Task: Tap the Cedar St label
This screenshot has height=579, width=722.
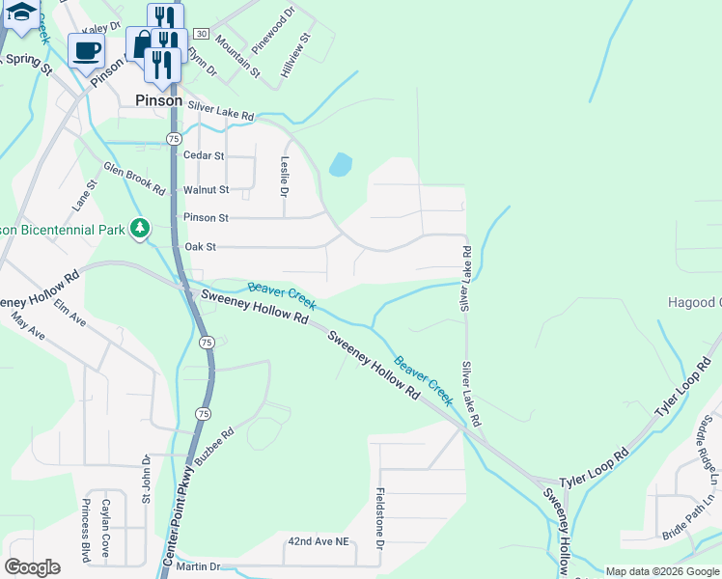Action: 204,155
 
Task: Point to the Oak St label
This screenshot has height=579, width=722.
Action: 200,247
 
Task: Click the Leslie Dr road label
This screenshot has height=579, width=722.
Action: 284,177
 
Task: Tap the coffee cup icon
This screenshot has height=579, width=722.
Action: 87,50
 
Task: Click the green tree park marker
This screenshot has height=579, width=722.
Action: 141,228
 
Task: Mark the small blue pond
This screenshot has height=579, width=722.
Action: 340,165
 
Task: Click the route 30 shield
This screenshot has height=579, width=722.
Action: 200,33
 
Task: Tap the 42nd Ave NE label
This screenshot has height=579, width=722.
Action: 318,541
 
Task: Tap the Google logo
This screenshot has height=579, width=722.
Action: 32,566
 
